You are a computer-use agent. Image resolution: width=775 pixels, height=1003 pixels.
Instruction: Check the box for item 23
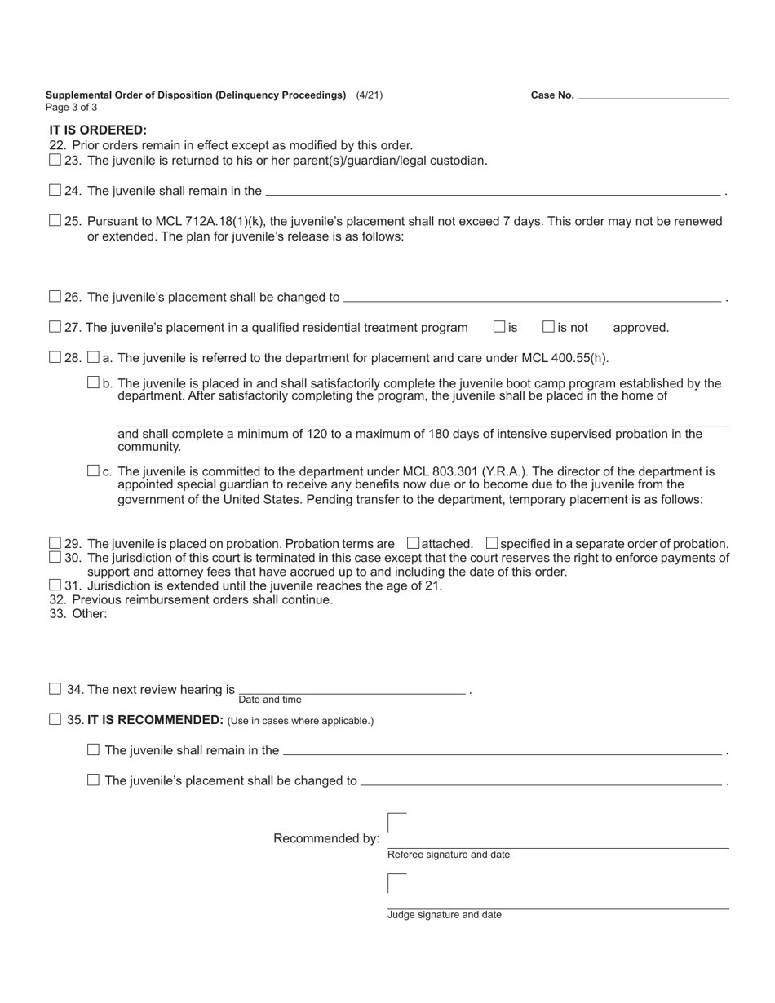click(x=55, y=160)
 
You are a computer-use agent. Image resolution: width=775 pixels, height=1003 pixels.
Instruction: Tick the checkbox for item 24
click(x=55, y=190)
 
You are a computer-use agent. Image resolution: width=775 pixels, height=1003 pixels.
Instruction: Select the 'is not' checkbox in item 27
click(x=549, y=327)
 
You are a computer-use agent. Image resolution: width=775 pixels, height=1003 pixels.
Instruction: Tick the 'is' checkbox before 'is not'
click(x=499, y=327)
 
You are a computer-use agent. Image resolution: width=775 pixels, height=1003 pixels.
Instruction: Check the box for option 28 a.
click(x=93, y=357)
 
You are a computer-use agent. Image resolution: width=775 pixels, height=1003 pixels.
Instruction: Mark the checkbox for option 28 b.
click(x=93, y=382)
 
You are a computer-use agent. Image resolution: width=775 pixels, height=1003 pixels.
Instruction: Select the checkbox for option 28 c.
click(x=93, y=471)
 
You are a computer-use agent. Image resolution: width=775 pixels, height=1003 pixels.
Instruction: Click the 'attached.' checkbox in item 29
click(x=413, y=543)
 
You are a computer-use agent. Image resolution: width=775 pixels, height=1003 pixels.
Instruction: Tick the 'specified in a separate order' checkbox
click(x=492, y=543)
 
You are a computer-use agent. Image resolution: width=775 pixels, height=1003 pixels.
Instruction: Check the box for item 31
click(x=55, y=585)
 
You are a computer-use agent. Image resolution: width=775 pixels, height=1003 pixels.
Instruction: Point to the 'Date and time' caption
click(x=270, y=700)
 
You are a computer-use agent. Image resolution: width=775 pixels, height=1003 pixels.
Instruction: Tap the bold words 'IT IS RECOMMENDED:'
click(x=155, y=720)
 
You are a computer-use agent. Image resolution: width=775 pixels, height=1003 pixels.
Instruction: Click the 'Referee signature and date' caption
click(x=449, y=855)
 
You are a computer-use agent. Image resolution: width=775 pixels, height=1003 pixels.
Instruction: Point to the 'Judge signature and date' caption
click(x=445, y=915)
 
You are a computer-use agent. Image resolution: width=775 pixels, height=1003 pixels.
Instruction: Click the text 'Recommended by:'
click(x=326, y=838)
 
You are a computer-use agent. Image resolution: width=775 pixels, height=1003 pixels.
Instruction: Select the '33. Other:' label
click(x=78, y=613)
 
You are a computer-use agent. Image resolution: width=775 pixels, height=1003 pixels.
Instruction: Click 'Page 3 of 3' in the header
click(x=72, y=107)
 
